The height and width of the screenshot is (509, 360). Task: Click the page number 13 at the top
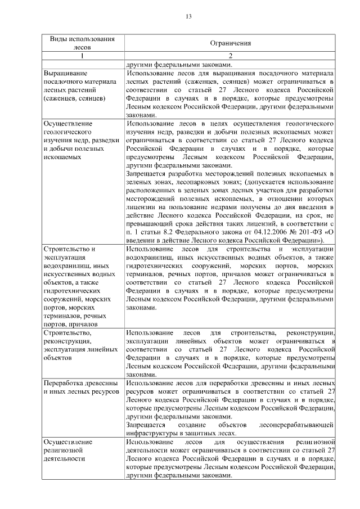pos(189,16)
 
